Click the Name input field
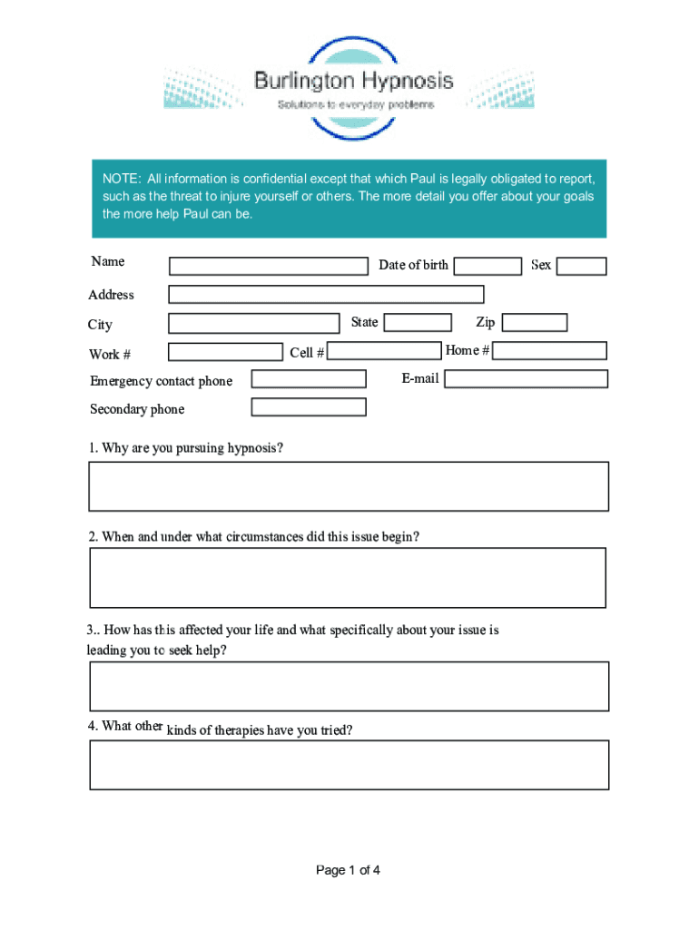[x=269, y=267]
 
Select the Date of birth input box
[x=487, y=266]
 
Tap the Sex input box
[x=582, y=266]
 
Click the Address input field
[x=326, y=294]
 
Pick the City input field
[x=253, y=324]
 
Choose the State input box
[x=418, y=322]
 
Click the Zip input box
[x=535, y=323]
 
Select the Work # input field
[x=225, y=352]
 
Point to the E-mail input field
[x=526, y=379]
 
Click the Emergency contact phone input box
[x=309, y=379]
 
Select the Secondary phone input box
[x=309, y=407]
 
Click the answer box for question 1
[x=349, y=486]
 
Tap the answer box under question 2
[x=348, y=577]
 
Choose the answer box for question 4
[x=349, y=765]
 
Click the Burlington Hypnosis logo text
[x=354, y=82]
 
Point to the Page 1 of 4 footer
[x=349, y=871]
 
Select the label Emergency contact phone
[x=162, y=381]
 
